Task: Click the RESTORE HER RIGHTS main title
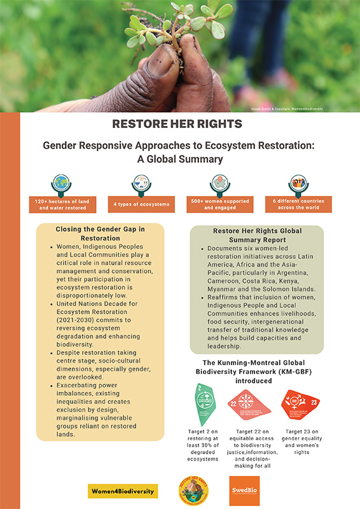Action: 179,123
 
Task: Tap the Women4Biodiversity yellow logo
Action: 123,491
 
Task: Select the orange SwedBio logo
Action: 244,491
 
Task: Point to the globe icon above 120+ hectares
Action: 62,183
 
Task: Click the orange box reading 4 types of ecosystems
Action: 141,204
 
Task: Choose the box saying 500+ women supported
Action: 220,204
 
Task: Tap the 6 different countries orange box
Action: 298,204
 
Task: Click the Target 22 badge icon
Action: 252,407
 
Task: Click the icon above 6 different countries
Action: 298,183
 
